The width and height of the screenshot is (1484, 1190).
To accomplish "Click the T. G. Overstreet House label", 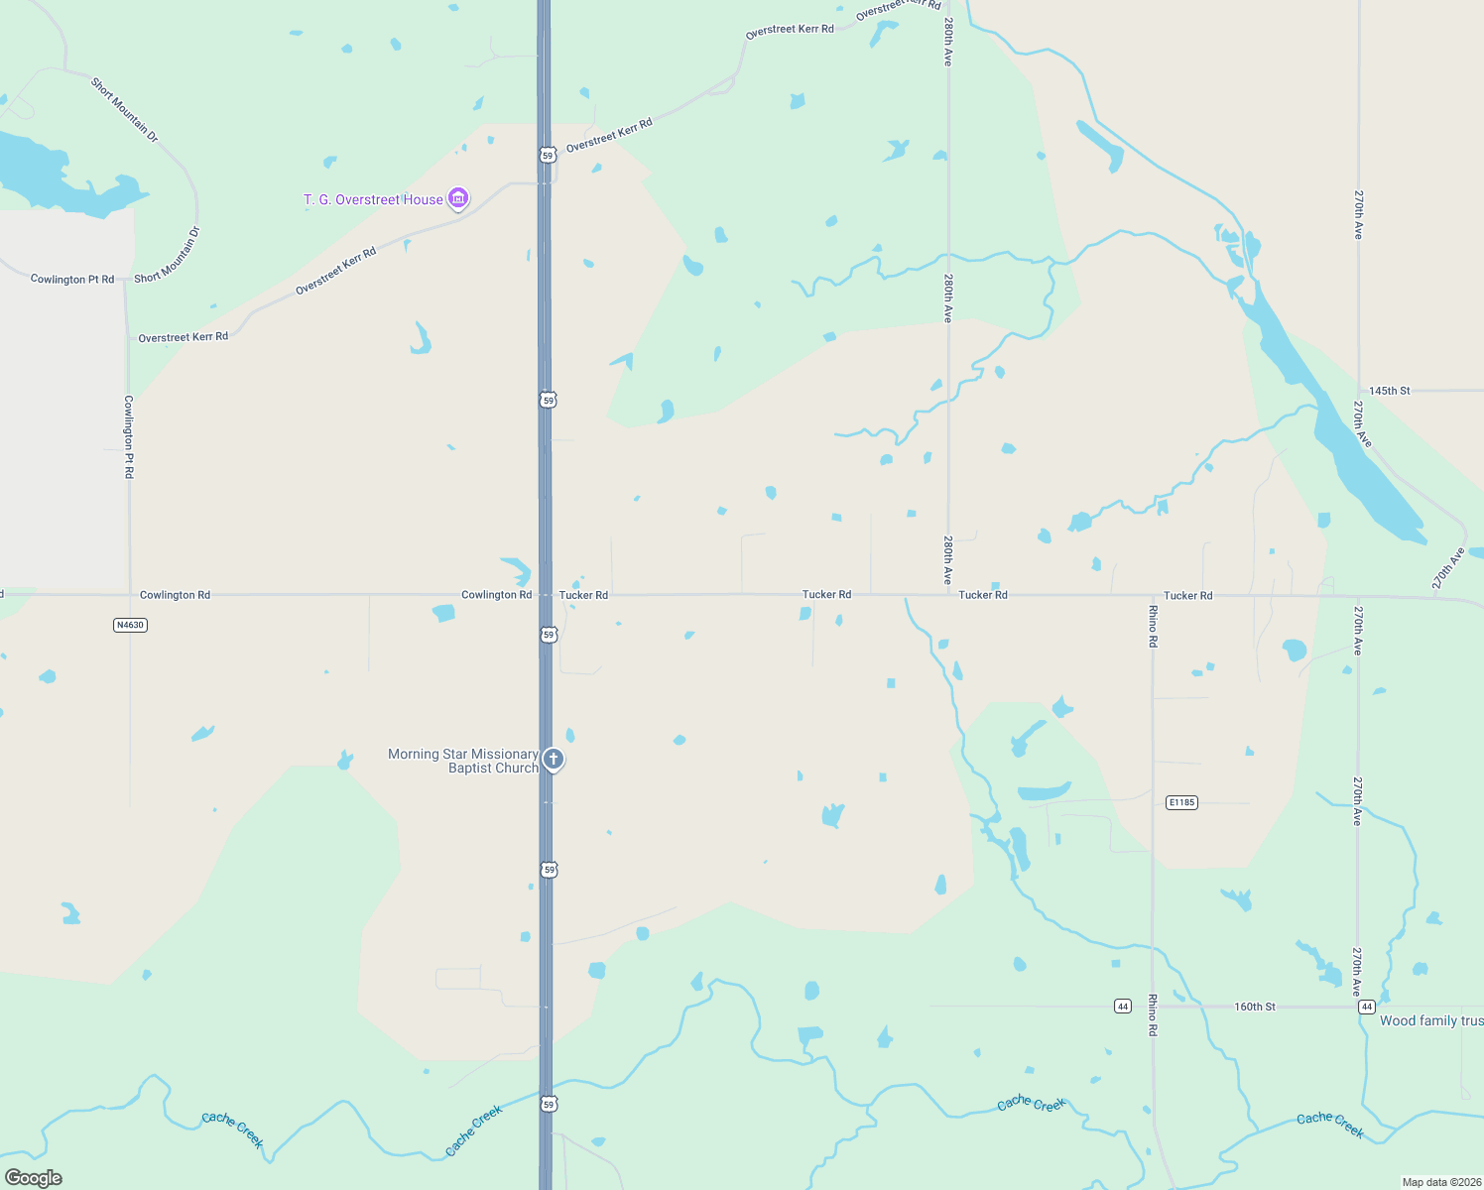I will pyautogui.click(x=373, y=200).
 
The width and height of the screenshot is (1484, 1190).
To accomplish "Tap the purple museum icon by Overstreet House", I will pyautogui.click(x=458, y=199).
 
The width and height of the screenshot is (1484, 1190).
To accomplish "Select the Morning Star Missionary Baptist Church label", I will pyautogui.click(x=463, y=761).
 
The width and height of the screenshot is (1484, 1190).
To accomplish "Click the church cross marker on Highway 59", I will pyautogui.click(x=554, y=760).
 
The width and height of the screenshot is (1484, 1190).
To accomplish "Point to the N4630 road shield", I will pyautogui.click(x=130, y=625).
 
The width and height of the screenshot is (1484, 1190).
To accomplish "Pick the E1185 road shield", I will pyautogui.click(x=1181, y=802).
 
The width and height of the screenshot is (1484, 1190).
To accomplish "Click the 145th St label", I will pyautogui.click(x=1390, y=391).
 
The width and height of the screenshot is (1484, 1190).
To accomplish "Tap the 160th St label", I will pyautogui.click(x=1255, y=1007).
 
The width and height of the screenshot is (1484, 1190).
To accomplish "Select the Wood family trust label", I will pyautogui.click(x=1430, y=1021).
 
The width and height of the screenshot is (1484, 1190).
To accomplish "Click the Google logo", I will pyautogui.click(x=34, y=1178).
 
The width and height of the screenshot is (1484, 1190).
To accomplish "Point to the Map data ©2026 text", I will pyautogui.click(x=1441, y=1182).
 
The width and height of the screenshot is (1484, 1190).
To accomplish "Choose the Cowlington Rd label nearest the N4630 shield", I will pyautogui.click(x=175, y=595).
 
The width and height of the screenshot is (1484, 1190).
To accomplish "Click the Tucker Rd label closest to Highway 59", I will pyautogui.click(x=583, y=595).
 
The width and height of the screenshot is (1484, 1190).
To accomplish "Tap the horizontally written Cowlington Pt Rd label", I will pyautogui.click(x=72, y=280).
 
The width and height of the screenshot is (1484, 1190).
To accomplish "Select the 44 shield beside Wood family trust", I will pyautogui.click(x=1367, y=1007).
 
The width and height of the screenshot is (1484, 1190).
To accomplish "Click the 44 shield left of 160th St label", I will pyautogui.click(x=1122, y=1007).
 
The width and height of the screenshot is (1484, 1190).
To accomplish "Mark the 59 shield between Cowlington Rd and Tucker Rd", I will pyautogui.click(x=548, y=635).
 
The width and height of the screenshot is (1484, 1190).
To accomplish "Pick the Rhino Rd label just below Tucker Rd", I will pyautogui.click(x=1153, y=627).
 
